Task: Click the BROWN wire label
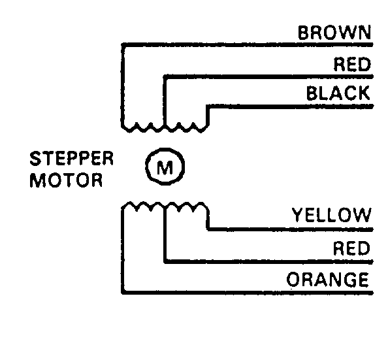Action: [334, 33]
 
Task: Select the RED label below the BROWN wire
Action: [352, 64]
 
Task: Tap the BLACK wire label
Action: [338, 93]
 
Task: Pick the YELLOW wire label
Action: [332, 215]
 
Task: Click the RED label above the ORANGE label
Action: [351, 248]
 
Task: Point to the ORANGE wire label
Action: [327, 280]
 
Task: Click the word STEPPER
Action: [71, 159]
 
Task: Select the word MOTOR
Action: [66, 180]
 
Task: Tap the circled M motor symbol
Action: [165, 167]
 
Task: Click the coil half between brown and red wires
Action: [144, 127]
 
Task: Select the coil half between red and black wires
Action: [186, 127]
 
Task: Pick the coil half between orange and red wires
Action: [144, 206]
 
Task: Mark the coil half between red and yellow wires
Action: [186, 206]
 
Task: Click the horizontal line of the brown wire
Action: [248, 45]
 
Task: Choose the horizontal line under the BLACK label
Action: [290, 106]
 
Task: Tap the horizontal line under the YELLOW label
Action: [290, 229]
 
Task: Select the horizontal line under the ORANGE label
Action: [248, 293]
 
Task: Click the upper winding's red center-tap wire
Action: [268, 76]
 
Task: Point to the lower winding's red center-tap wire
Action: [268, 261]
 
